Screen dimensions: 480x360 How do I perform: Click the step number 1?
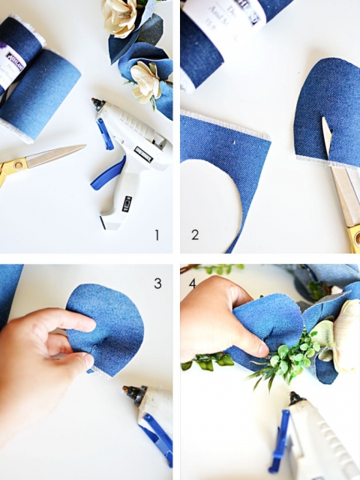pos(157,235)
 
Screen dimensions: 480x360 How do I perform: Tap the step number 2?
pos(194,235)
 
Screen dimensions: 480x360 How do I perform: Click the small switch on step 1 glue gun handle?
pos(126,201)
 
